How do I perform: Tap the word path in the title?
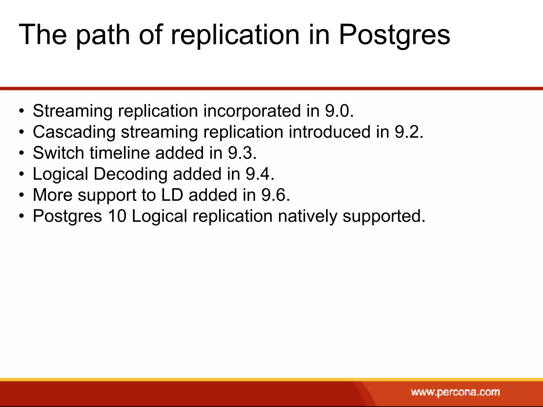click(x=103, y=35)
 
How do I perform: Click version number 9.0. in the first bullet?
click(x=339, y=111)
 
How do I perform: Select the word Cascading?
click(x=74, y=132)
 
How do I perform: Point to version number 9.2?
click(x=409, y=132)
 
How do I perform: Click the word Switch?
click(x=58, y=153)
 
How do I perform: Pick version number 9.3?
click(x=242, y=153)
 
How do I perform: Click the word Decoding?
click(x=130, y=174)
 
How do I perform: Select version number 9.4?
click(x=260, y=174)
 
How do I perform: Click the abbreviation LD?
click(x=172, y=195)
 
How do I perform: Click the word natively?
click(x=307, y=216)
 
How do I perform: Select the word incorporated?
click(x=252, y=111)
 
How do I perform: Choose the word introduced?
click(x=329, y=132)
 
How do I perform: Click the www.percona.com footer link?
click(x=455, y=392)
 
